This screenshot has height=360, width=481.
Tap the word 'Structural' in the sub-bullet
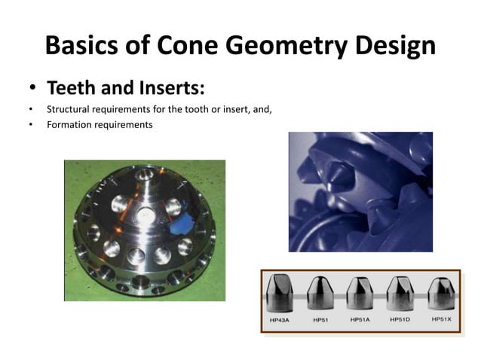(67, 109)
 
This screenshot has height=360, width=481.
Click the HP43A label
(283, 320)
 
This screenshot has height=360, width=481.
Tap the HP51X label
(442, 319)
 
